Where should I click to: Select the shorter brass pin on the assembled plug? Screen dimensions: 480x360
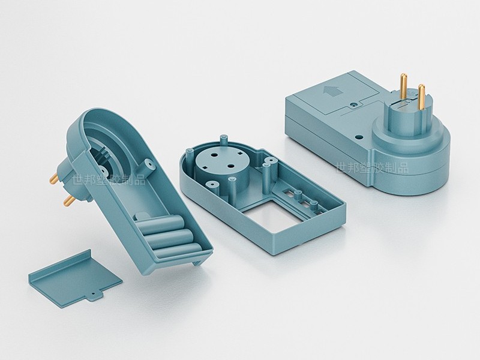[422, 97]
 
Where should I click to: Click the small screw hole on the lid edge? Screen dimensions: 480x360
[355, 104]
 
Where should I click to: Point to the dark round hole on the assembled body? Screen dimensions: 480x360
[359, 135]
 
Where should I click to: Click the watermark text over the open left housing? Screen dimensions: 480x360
[109, 179]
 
